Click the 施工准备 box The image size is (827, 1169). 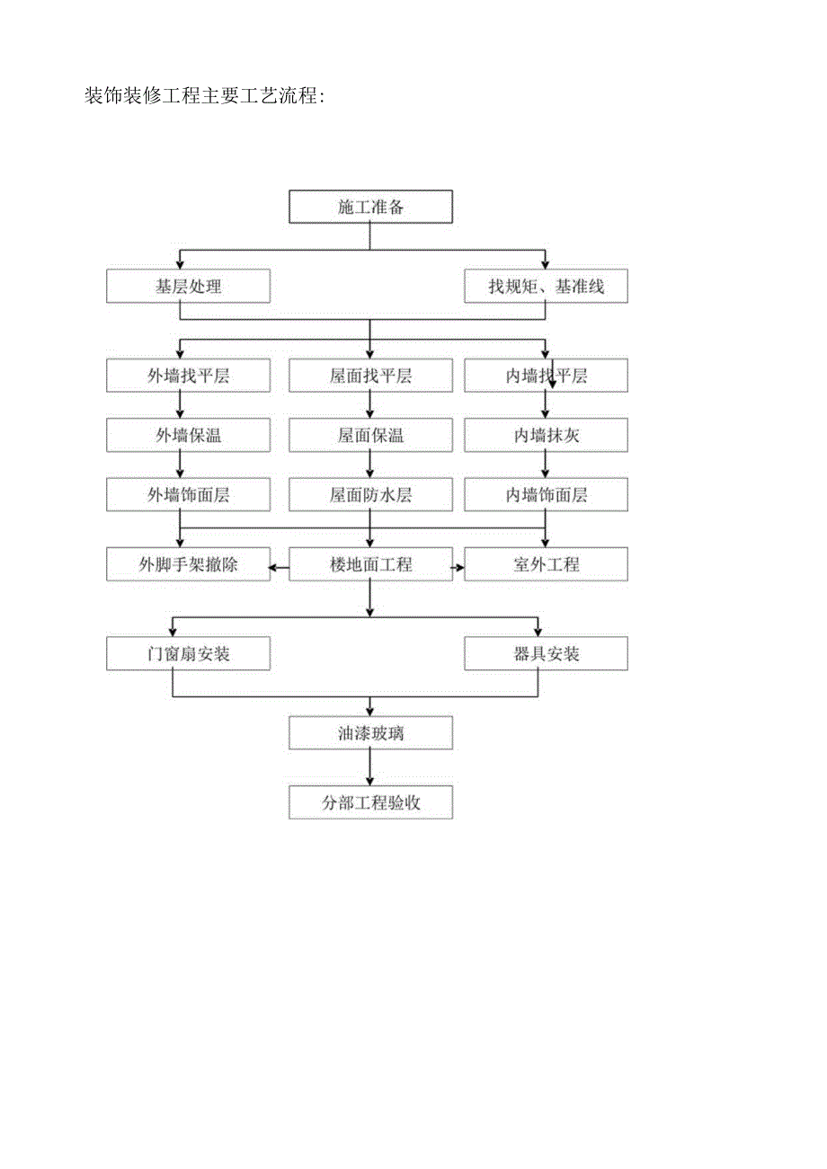[370, 207]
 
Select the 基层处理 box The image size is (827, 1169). [188, 287]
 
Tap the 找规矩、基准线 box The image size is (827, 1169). [546, 287]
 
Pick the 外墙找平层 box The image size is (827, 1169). [188, 376]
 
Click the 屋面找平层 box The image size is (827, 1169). [370, 376]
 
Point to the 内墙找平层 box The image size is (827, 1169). [546, 376]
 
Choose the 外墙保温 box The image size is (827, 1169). [188, 436]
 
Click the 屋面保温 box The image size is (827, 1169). [370, 436]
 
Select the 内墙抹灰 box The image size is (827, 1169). [546, 436]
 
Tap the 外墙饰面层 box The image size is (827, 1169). [188, 494]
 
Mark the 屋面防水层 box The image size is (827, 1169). [370, 494]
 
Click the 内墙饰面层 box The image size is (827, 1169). [546, 494]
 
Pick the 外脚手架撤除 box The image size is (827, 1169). [188, 564]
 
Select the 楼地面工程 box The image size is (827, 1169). [370, 564]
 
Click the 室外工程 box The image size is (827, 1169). [546, 564]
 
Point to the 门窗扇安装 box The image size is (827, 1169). [188, 653]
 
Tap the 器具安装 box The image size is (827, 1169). [546, 653]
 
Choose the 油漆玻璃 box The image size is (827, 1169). [370, 733]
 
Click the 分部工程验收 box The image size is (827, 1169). [370, 802]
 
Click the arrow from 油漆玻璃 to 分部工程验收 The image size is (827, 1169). [370, 768]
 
